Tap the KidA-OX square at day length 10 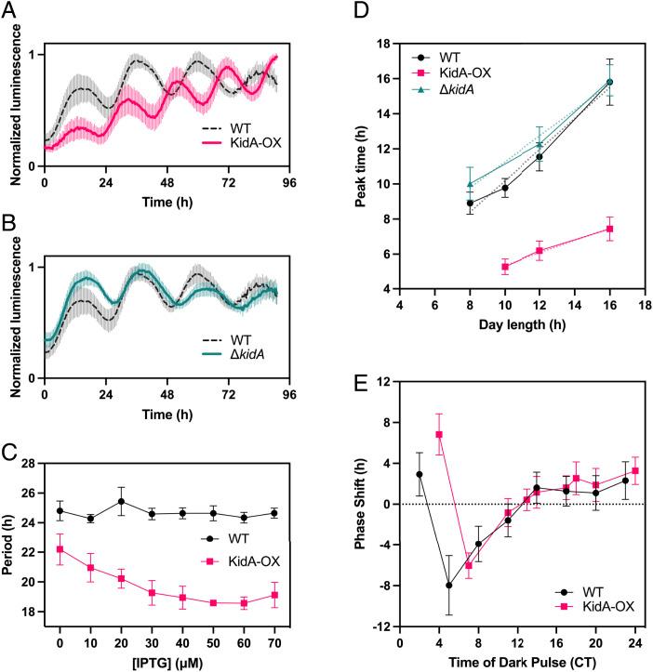(x=505, y=267)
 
